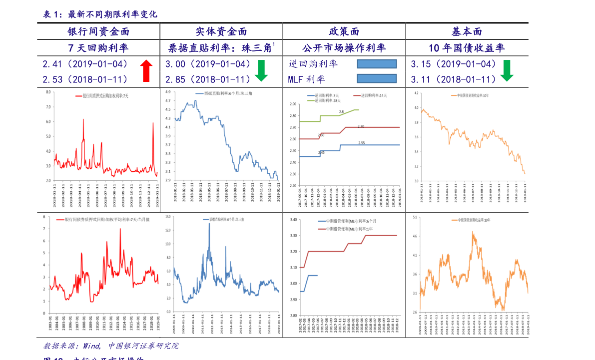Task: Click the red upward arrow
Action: [146, 70]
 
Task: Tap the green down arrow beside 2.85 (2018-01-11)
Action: [261, 70]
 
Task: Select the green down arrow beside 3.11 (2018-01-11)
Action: [507, 70]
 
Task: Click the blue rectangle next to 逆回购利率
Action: [377, 64]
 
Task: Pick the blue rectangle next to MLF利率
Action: [377, 78]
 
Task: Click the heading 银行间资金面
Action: [98, 32]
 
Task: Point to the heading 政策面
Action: [344, 32]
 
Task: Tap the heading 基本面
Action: [467, 32]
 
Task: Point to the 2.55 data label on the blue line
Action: [361, 143]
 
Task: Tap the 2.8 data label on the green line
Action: [341, 112]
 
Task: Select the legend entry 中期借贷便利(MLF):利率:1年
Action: [346, 229]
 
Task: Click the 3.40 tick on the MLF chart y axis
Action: [293, 219]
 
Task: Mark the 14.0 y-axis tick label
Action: [168, 217]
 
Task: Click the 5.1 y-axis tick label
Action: [415, 217]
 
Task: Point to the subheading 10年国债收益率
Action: [467, 48]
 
